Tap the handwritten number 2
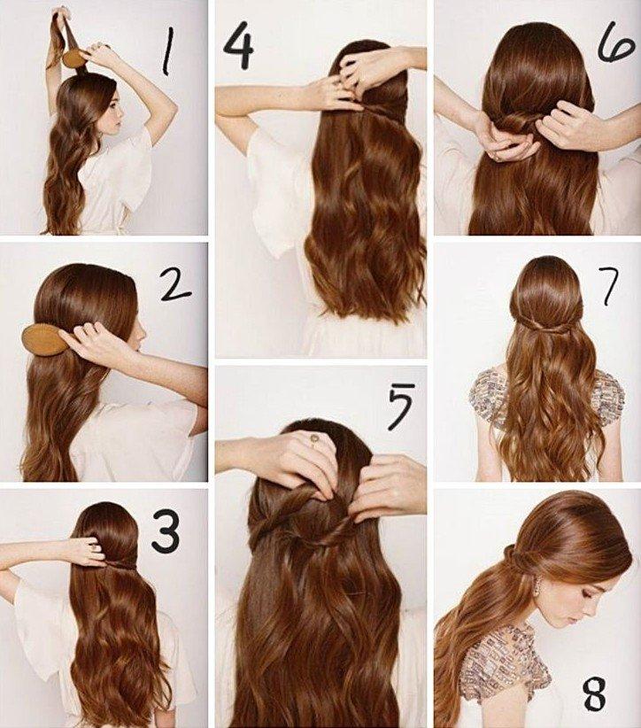[x=174, y=284]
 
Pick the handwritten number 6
[x=615, y=44]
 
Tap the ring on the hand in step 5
[x=313, y=438]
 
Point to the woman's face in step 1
[x=114, y=112]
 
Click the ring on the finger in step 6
[x=498, y=159]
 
